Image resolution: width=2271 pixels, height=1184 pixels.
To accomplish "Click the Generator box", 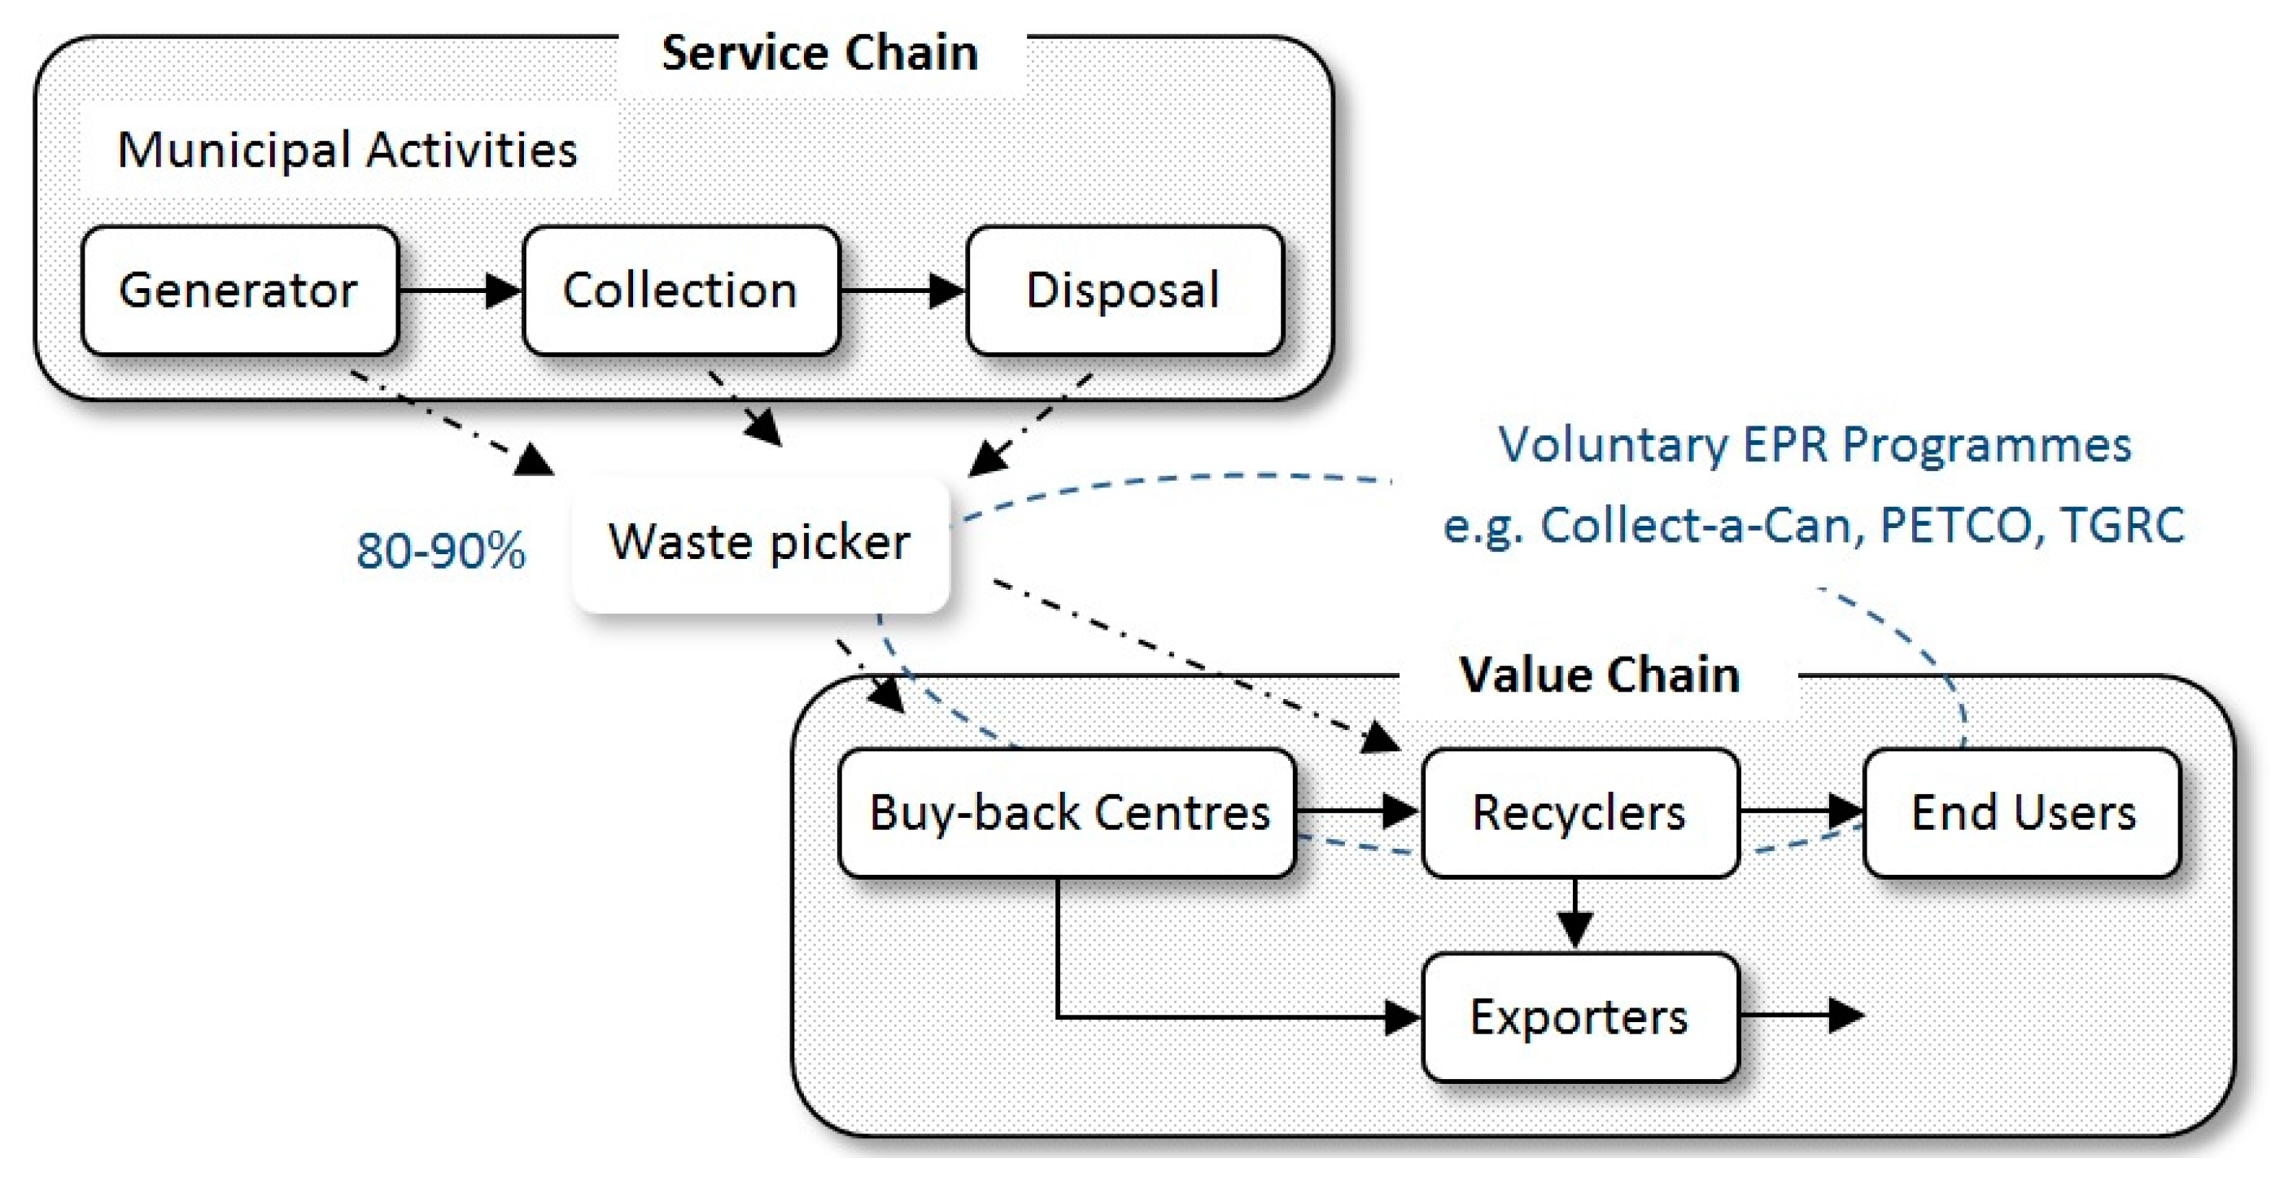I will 239,291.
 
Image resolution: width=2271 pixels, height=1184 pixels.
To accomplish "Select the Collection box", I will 680,291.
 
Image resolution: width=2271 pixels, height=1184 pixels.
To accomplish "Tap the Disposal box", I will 1124,291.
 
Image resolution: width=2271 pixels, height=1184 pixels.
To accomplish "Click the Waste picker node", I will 760,543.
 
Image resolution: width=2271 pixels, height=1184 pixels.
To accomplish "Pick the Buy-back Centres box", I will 1068,813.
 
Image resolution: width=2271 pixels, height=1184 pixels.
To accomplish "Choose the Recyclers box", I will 1580,813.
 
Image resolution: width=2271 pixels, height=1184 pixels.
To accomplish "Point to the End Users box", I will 2022,813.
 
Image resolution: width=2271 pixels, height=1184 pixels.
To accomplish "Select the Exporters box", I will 1580,1017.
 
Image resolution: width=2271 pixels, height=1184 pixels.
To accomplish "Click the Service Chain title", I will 820,53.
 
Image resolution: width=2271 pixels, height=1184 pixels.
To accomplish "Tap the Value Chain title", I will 1599,675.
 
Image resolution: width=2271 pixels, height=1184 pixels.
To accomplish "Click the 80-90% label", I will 441,552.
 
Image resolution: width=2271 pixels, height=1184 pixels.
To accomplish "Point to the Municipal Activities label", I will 347,150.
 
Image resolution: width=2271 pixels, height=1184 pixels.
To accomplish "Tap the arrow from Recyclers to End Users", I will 1802,810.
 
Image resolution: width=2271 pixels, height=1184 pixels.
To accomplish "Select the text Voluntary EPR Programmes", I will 1815,445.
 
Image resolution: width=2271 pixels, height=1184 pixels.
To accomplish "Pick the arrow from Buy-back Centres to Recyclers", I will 1356,810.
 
